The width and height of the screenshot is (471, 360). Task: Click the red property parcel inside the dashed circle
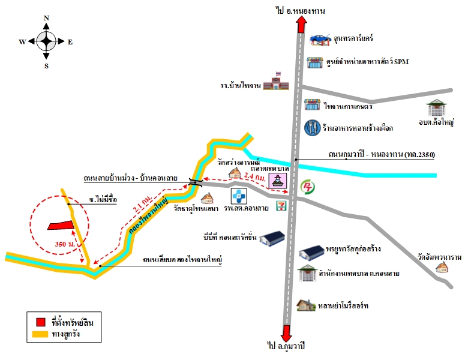pyautogui.click(x=61, y=226)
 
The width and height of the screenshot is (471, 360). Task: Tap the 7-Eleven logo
pyautogui.click(x=281, y=206)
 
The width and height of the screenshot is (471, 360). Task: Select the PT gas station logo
pyautogui.click(x=308, y=187)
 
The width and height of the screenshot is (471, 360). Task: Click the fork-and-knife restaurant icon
pyautogui.click(x=313, y=128)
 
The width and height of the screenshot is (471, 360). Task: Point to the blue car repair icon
pyautogui.click(x=320, y=40)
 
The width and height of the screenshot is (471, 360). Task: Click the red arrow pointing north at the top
pyautogui.click(x=301, y=24)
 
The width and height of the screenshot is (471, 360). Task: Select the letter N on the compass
pyautogui.click(x=46, y=18)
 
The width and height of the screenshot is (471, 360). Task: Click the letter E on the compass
pyautogui.click(x=70, y=42)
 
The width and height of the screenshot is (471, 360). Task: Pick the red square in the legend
pyautogui.click(x=41, y=322)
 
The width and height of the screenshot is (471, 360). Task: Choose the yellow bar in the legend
pyautogui.click(x=40, y=334)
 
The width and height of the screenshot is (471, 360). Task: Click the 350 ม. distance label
pyautogui.click(x=65, y=244)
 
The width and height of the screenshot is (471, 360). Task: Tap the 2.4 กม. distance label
pyautogui.click(x=255, y=176)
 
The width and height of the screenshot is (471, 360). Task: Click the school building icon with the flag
pyautogui.click(x=276, y=81)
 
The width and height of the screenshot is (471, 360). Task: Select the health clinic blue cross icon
pyautogui.click(x=239, y=196)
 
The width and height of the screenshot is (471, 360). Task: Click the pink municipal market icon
pyautogui.click(x=278, y=181)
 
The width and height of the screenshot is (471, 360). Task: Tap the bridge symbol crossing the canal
pyautogui.click(x=196, y=182)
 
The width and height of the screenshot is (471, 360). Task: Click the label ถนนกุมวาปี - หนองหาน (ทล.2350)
pyautogui.click(x=382, y=154)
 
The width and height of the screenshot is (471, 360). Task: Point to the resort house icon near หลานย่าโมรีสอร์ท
pyautogui.click(x=306, y=305)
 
